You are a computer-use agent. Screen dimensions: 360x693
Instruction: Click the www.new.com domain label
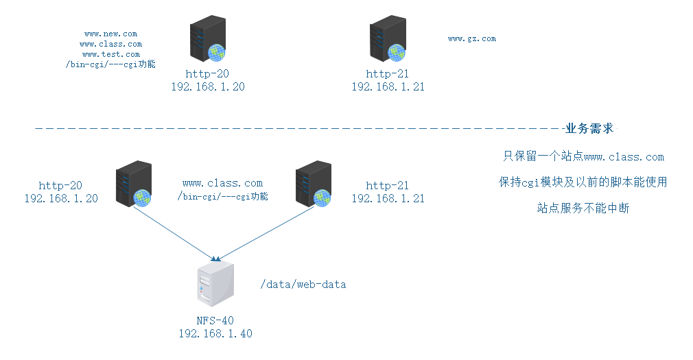(x=110, y=33)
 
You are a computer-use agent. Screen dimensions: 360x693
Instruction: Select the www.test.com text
(x=110, y=53)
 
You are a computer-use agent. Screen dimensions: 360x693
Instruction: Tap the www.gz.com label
(x=471, y=39)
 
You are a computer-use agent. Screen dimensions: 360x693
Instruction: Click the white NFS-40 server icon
(x=214, y=284)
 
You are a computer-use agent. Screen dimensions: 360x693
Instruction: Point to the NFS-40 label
(x=215, y=320)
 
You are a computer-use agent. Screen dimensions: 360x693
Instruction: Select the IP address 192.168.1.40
(x=215, y=333)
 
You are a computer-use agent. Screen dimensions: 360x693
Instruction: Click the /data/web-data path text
(x=303, y=284)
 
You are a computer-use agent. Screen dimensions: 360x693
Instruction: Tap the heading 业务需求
(x=589, y=129)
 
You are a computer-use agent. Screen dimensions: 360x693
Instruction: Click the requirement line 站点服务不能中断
(x=583, y=208)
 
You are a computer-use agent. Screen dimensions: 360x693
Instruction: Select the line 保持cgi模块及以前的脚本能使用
(x=583, y=182)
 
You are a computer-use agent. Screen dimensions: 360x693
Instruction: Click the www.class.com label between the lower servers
(x=222, y=183)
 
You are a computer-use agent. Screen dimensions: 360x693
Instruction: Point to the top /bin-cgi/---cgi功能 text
(x=110, y=64)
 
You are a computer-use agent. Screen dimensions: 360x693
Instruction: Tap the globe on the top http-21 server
(x=395, y=51)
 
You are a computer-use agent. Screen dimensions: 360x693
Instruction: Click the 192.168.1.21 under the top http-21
(x=388, y=87)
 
